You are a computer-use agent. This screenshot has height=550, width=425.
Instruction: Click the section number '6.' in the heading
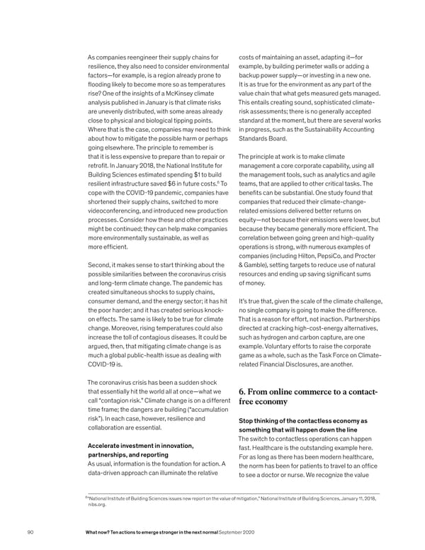click(244, 391)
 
